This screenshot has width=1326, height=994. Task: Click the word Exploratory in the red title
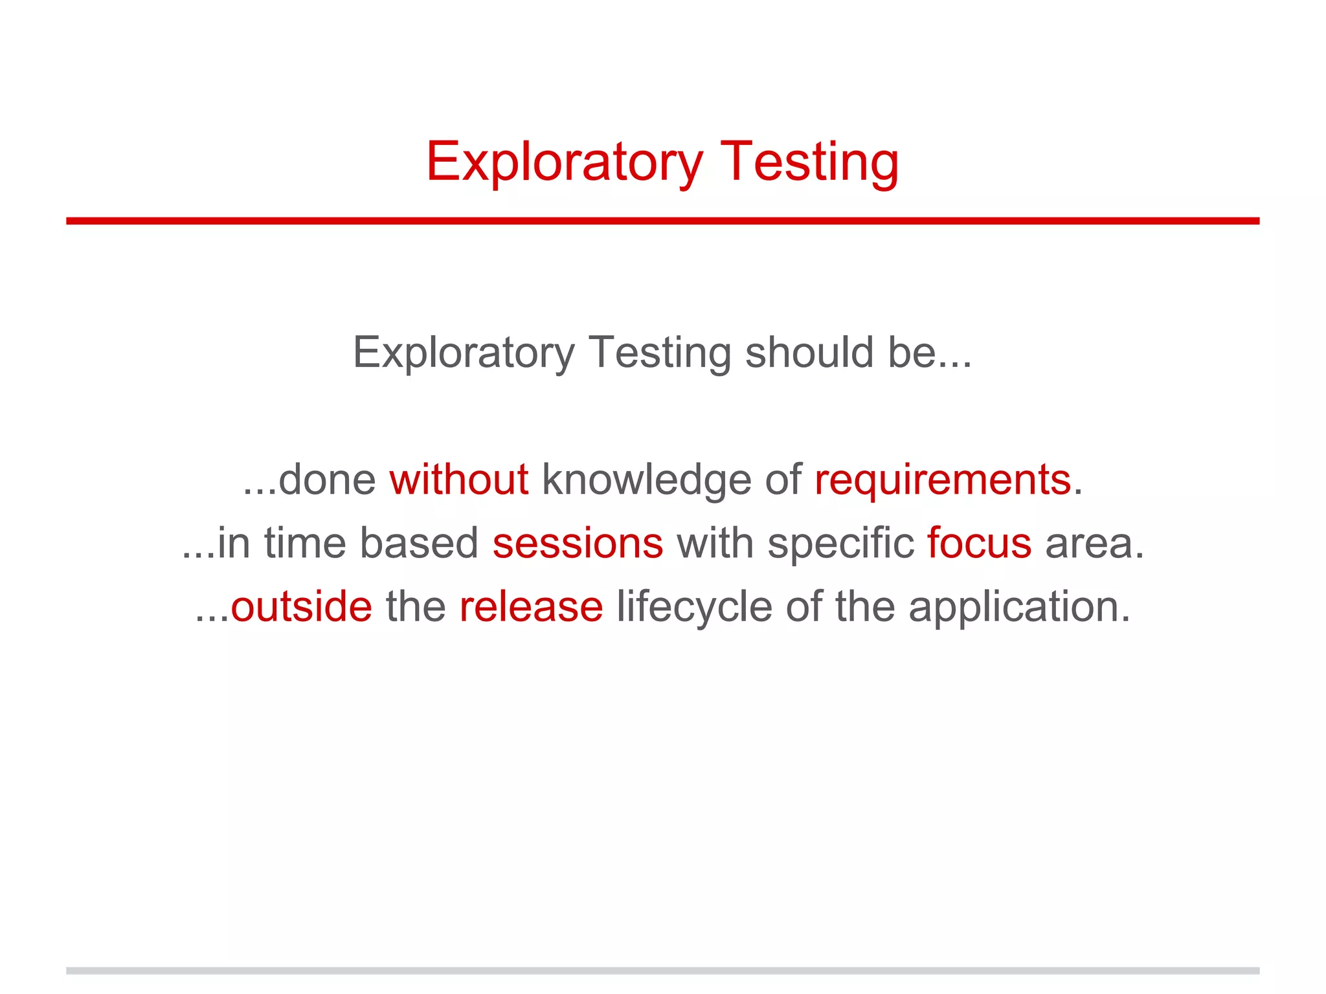(x=564, y=162)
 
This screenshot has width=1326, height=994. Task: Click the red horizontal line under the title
(x=662, y=221)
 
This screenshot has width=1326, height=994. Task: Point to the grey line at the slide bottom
(x=662, y=971)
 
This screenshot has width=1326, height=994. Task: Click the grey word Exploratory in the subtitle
(x=464, y=353)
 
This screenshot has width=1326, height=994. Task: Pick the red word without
(x=459, y=480)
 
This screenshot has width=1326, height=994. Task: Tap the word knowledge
(x=646, y=480)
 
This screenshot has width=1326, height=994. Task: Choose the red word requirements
(x=943, y=480)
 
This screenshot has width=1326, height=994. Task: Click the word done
(x=327, y=480)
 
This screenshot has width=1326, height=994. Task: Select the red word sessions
(x=578, y=543)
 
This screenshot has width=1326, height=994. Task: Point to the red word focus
(x=979, y=543)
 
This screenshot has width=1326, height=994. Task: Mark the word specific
(x=840, y=543)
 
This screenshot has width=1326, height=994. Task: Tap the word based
(x=419, y=543)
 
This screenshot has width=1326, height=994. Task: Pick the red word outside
(x=302, y=606)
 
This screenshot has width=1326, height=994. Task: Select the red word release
(x=531, y=606)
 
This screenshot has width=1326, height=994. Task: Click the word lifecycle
(x=694, y=606)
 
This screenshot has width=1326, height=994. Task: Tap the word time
(x=305, y=543)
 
